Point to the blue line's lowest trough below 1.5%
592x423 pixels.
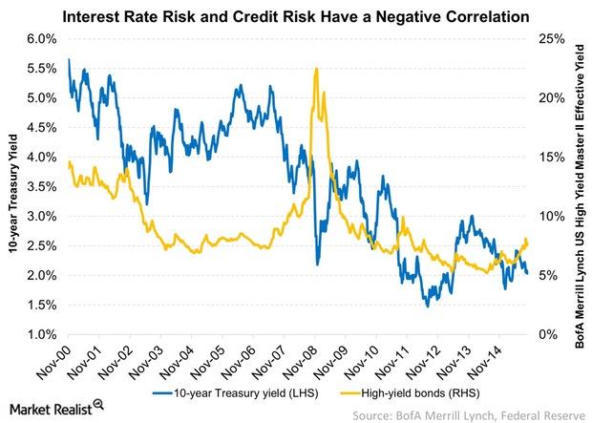(428, 305)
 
